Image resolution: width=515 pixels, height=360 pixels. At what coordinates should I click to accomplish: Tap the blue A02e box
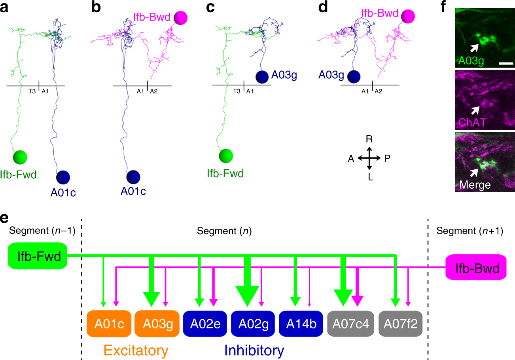click(x=205, y=323)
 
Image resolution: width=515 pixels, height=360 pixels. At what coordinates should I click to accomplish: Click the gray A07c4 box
click(x=351, y=323)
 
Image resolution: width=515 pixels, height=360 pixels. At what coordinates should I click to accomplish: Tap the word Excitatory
click(x=136, y=350)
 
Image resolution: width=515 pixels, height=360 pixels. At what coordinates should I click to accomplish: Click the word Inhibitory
click(x=254, y=350)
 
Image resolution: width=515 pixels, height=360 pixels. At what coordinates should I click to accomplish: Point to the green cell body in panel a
click(x=20, y=157)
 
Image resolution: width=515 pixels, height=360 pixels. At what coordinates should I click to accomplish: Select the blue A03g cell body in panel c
click(x=262, y=77)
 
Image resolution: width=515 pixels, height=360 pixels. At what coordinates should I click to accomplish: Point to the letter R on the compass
click(x=369, y=139)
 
